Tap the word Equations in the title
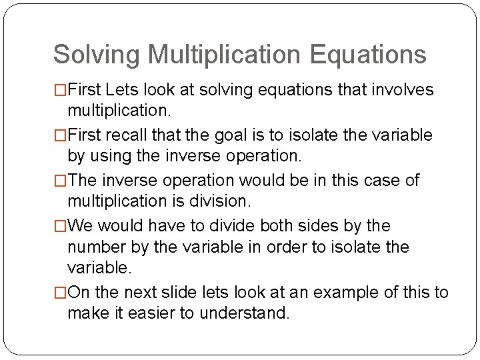[367, 55]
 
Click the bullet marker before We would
[61, 226]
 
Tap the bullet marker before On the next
[61, 292]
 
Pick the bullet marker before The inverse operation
[61, 181]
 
